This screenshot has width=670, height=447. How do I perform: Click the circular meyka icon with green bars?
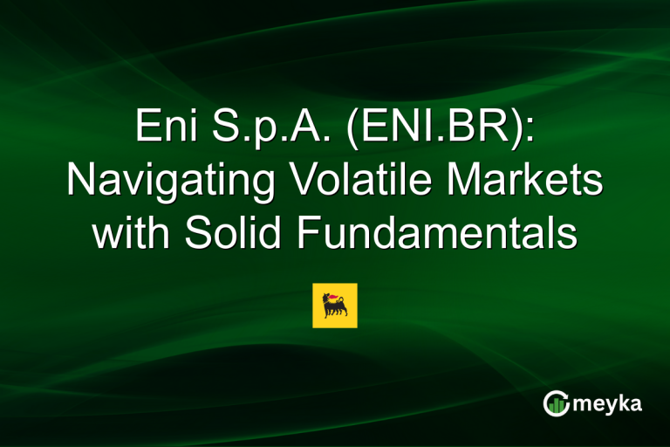[557, 403]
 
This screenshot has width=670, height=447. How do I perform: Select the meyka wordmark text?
[607, 404]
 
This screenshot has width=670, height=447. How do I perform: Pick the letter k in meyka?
[626, 402]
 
